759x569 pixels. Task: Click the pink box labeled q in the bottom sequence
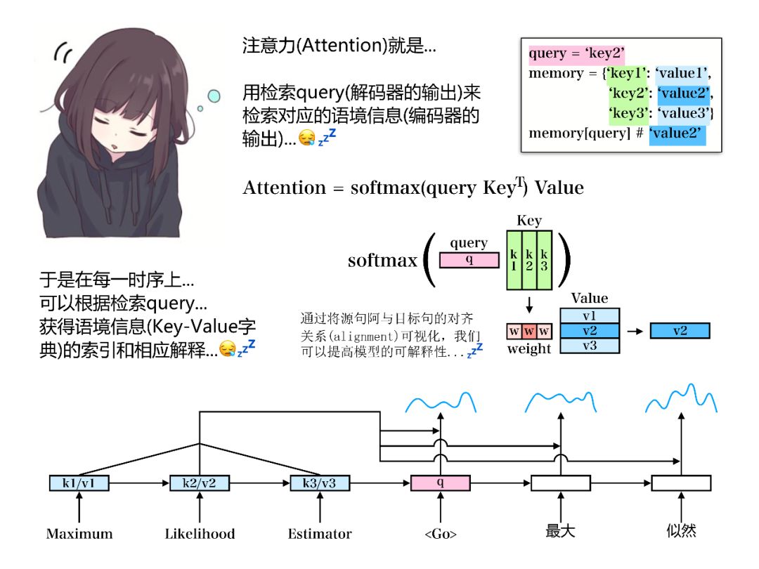coord(440,483)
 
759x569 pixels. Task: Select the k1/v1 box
coord(79,483)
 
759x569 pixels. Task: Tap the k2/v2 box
coord(200,483)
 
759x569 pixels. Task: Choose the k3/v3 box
coord(320,483)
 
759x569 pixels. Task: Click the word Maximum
coord(79,534)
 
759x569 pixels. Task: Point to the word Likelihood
coord(200,534)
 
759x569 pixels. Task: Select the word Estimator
coord(320,534)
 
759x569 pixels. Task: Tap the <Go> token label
coord(441,535)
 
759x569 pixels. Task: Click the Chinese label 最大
coord(561,532)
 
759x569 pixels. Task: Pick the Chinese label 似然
coord(681,532)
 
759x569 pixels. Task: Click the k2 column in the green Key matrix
coord(529,260)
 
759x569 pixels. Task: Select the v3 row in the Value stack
coord(589,346)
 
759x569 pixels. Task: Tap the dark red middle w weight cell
coord(529,330)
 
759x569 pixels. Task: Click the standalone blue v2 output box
coord(680,331)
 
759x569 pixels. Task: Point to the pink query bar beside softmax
coord(469,260)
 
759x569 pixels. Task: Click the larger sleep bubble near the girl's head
coord(213,95)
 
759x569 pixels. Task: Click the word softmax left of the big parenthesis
coord(382,261)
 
